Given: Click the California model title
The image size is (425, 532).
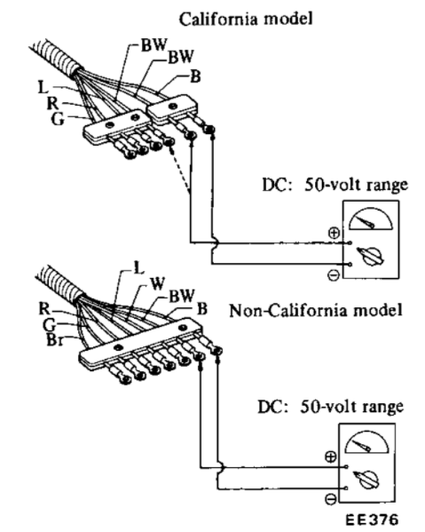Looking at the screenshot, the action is pyautogui.click(x=246, y=19).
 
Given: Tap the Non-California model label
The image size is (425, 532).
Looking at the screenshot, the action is pyautogui.click(x=316, y=310).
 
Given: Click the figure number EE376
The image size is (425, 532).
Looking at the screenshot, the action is pyautogui.click(x=372, y=520).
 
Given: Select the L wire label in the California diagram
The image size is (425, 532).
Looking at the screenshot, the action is pyautogui.click(x=43, y=87).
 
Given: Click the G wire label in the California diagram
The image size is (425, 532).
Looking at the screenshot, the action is pyautogui.click(x=57, y=119).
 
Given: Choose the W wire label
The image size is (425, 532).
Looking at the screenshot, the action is pyautogui.click(x=157, y=283).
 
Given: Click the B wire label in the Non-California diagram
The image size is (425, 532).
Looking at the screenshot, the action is pyautogui.click(x=202, y=309).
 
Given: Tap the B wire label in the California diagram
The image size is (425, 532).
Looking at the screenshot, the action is pyautogui.click(x=195, y=76).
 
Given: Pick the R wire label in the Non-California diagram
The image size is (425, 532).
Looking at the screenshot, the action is pyautogui.click(x=44, y=308).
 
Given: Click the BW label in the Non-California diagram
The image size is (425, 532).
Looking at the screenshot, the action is pyautogui.click(x=182, y=296).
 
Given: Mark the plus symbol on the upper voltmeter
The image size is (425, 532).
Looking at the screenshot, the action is pyautogui.click(x=334, y=233).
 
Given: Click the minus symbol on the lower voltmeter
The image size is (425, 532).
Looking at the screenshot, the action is pyautogui.click(x=331, y=499).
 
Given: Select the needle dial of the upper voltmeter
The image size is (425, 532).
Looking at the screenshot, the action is pyautogui.click(x=371, y=218).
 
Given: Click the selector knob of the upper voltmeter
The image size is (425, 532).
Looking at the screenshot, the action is pyautogui.click(x=371, y=257).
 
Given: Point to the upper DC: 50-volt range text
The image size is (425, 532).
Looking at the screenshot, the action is pyautogui.click(x=335, y=185).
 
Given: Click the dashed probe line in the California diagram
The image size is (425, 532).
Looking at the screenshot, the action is pyautogui.click(x=179, y=170).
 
